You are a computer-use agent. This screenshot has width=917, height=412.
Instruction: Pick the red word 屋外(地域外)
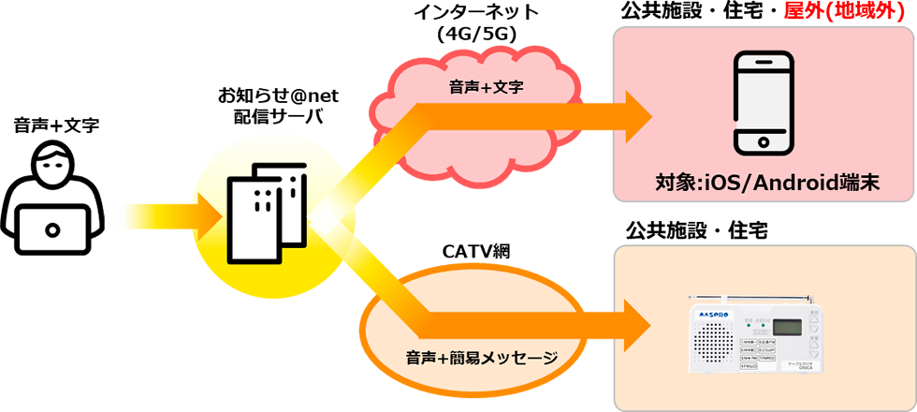coord(851,13)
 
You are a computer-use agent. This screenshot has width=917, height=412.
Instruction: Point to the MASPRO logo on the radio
coord(712,310)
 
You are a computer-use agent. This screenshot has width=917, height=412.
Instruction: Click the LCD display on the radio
coord(785,329)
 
